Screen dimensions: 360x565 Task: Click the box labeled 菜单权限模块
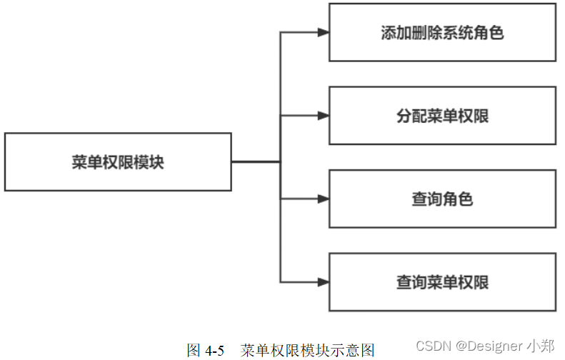[x=118, y=162]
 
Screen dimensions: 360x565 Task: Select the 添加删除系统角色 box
[x=441, y=33]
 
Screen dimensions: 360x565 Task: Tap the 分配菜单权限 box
[x=441, y=116]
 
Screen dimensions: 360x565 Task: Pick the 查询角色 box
[x=441, y=199]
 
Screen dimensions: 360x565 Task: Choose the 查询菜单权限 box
[x=441, y=282]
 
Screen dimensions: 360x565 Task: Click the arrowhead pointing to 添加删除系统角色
[x=323, y=33]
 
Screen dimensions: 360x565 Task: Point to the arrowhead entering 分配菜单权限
[x=323, y=116]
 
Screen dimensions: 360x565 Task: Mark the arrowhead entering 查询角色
[x=323, y=199]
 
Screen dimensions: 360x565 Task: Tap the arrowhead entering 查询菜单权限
[x=323, y=282]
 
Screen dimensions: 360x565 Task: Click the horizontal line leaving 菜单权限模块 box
[x=255, y=162]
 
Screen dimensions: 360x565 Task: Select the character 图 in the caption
[x=194, y=350]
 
